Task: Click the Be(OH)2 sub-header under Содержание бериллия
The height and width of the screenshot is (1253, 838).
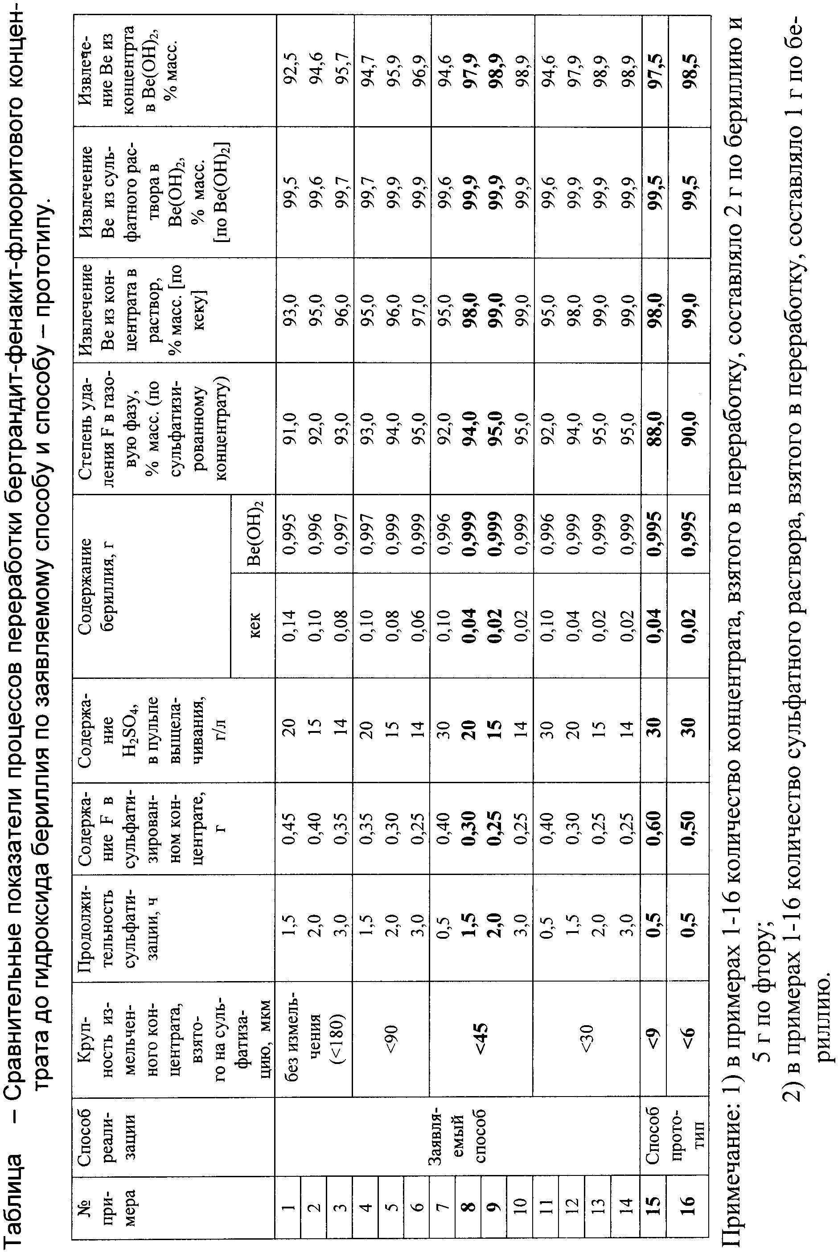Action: tap(255, 532)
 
